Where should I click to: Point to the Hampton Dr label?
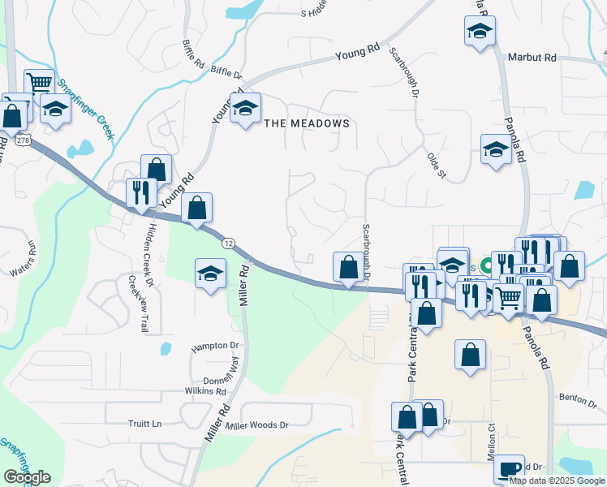coord(216,346)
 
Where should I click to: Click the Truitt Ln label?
coord(145,424)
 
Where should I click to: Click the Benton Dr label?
coord(578,397)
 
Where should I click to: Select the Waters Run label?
coord(22,256)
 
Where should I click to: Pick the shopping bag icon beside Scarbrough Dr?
coord(348,266)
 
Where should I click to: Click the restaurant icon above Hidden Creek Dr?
coord(141,193)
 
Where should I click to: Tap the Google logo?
coord(27,477)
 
